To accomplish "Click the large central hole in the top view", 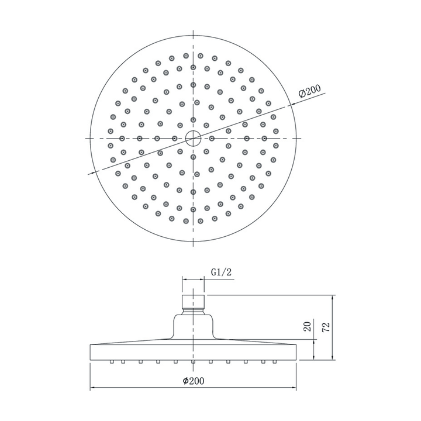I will pos(193,139).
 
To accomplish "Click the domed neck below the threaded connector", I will pos(193,325).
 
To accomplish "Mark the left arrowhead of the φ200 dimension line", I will pos(92,388).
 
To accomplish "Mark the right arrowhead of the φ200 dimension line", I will pos(296,388).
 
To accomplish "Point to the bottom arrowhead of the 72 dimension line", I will pos(333,358).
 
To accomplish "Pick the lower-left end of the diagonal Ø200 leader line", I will pos(89,174).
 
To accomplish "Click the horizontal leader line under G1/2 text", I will pos(193,280).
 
